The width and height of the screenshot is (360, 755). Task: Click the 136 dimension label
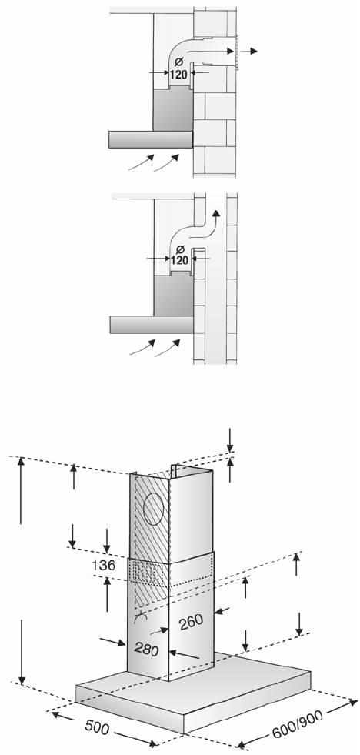tap(103, 565)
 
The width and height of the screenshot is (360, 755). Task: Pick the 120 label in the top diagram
tap(178, 75)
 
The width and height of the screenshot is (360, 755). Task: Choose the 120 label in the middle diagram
tap(179, 260)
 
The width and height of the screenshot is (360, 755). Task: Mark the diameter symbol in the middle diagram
tap(180, 249)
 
